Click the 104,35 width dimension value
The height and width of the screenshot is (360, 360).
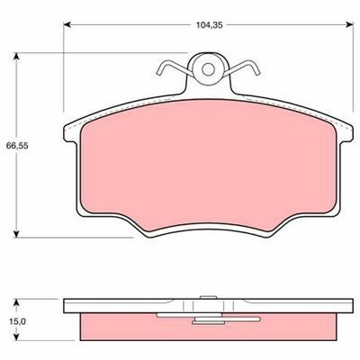coord(210,25)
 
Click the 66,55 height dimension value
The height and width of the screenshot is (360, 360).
coord(17,146)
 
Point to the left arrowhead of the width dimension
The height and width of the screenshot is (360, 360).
coord(67,24)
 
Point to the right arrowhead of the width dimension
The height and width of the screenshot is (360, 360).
coord(349,24)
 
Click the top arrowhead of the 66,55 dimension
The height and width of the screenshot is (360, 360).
coord(17,57)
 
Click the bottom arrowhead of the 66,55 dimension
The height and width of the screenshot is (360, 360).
coord(17,234)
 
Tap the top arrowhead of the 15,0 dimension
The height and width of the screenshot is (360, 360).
coord(17,302)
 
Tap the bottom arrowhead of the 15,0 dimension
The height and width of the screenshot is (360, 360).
coord(17,337)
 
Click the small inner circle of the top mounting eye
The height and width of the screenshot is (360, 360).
coord(208,69)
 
